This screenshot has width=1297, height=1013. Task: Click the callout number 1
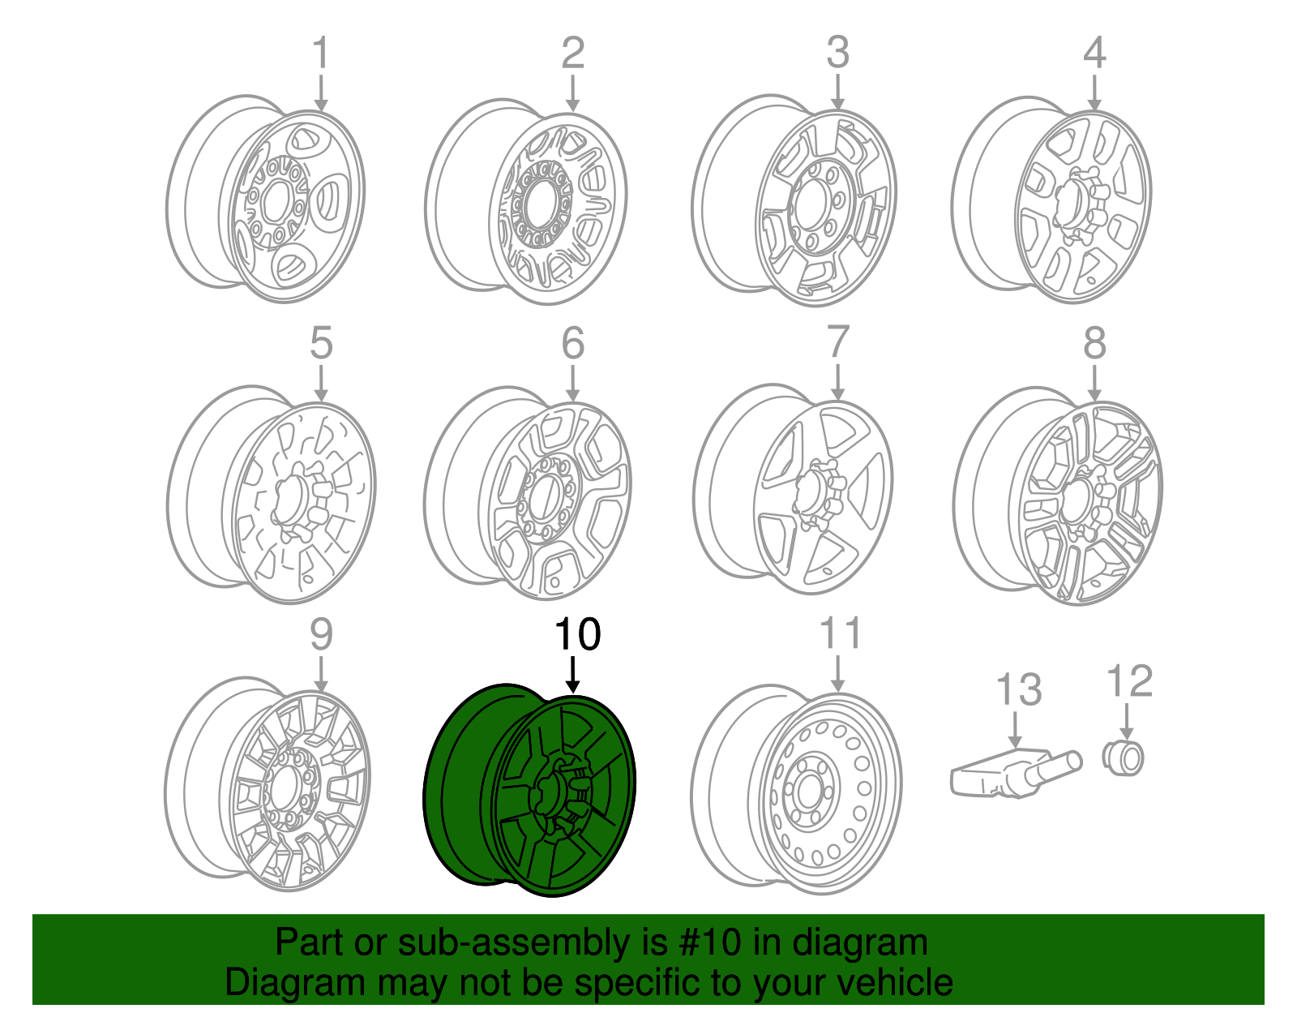[x=321, y=53]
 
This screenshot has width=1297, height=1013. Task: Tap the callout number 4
[x=1094, y=53]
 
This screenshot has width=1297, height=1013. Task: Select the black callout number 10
[x=577, y=634]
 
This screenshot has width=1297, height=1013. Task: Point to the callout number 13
[x=1018, y=689]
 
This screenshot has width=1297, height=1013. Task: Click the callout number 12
[x=1129, y=681]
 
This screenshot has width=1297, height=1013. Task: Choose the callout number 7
[x=837, y=343]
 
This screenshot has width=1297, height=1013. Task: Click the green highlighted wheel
[x=531, y=791]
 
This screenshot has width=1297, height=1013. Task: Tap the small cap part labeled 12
[x=1124, y=758]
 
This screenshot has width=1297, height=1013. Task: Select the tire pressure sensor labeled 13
[x=1013, y=775]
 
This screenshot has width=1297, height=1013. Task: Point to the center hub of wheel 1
[x=276, y=201]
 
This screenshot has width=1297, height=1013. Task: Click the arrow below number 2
[x=573, y=93]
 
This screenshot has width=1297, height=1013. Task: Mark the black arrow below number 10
[x=573, y=675]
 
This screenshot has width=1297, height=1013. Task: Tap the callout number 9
[x=321, y=634]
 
